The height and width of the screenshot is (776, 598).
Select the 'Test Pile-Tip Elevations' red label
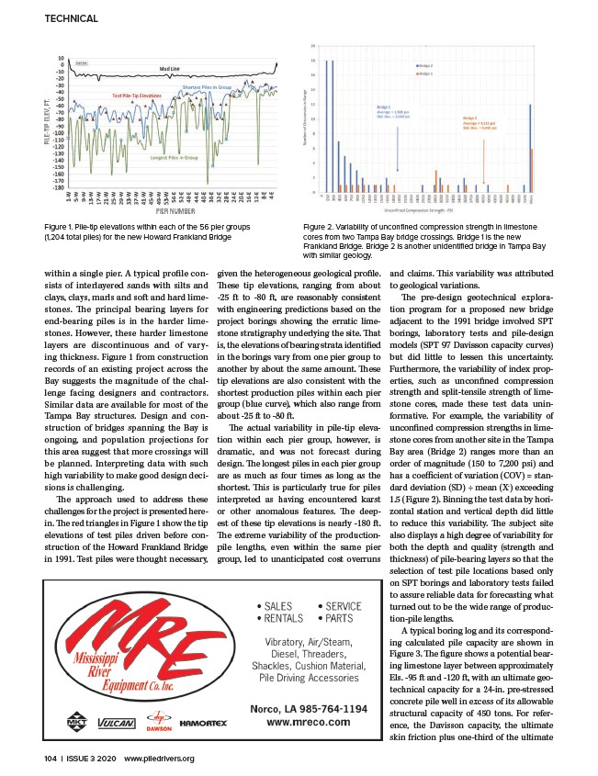(145, 96)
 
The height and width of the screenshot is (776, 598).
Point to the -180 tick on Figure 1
(62, 186)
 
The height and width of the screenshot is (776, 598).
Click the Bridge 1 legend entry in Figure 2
(425, 65)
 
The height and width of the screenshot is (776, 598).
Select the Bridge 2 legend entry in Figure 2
(425, 73)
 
